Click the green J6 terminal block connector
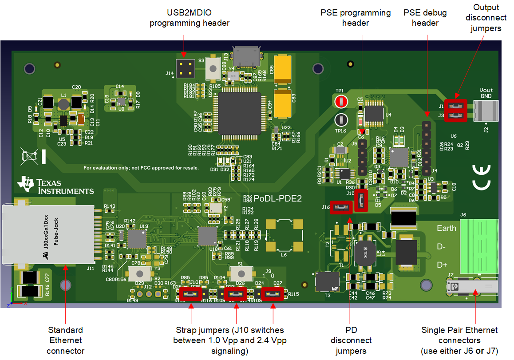pos(476,246)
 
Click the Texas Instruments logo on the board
pos(55,186)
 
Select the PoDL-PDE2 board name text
pos(277,199)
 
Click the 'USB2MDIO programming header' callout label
pos(190,18)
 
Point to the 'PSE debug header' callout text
pos(425,18)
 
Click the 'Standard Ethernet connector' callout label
pos(65,340)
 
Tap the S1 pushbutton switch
pos(240,272)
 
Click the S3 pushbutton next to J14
pos(214,67)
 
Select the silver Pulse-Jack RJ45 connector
pos(49,234)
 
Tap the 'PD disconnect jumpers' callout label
pos(351,340)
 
